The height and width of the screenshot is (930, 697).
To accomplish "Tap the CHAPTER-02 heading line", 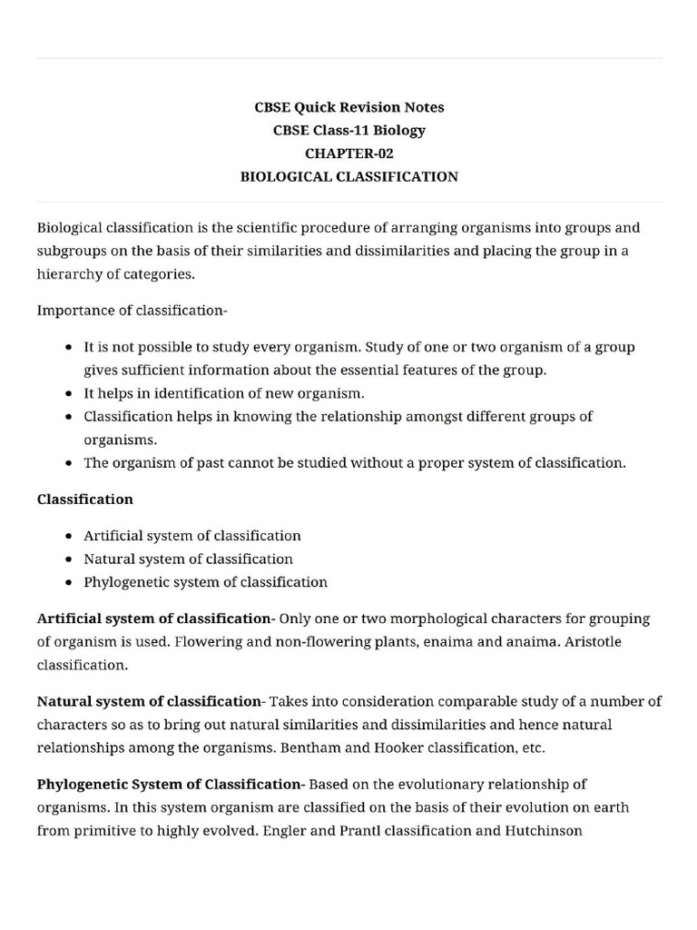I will coord(348,153).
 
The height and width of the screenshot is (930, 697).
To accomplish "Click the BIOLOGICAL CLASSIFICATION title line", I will coord(348,176).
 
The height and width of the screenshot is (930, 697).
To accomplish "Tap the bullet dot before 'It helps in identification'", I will coord(70,394).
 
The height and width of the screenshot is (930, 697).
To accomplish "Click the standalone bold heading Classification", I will coord(84,500).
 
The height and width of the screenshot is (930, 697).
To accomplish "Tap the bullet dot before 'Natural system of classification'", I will coord(70,559).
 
